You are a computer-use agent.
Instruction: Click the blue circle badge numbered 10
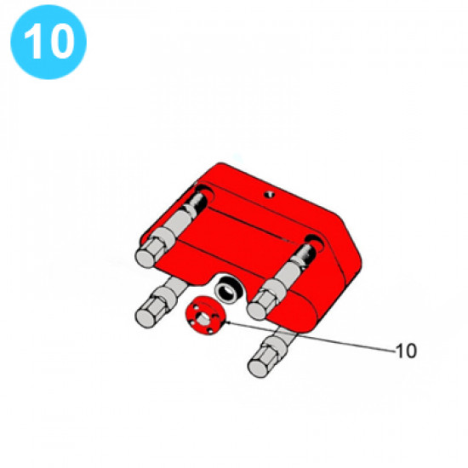pyautogui.click(x=49, y=42)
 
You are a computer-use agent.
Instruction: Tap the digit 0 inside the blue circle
pyautogui.click(x=63, y=41)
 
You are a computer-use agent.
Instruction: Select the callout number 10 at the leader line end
pyautogui.click(x=406, y=351)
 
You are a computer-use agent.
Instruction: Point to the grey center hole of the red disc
pyautogui.click(x=203, y=318)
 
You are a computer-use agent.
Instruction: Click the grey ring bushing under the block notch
pyautogui.click(x=229, y=289)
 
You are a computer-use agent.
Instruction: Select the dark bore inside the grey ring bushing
pyautogui.click(x=228, y=290)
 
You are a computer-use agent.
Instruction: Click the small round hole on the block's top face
pyautogui.click(x=269, y=195)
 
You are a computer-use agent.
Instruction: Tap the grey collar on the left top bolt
pyautogui.click(x=164, y=239)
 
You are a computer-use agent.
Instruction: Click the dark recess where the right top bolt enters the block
pyautogui.click(x=313, y=243)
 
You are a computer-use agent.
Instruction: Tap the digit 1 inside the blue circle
pyautogui.click(x=34, y=41)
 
